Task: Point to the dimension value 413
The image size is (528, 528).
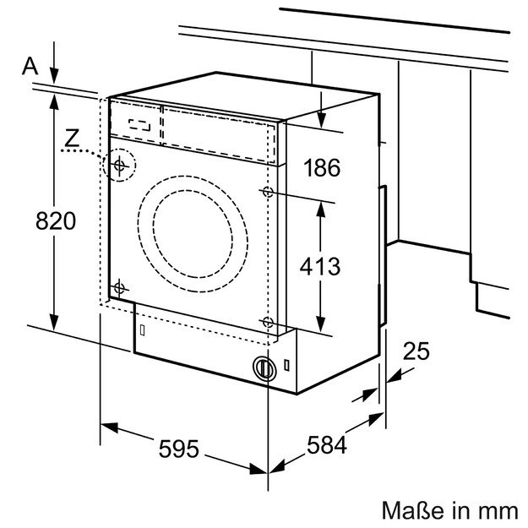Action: (x=320, y=265)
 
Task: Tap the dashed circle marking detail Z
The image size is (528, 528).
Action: (x=119, y=164)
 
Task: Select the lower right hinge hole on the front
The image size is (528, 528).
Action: (x=268, y=323)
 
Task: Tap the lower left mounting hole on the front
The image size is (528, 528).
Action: (x=119, y=285)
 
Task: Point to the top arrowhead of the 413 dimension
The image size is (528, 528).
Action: (x=321, y=206)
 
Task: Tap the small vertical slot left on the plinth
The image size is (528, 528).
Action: (x=142, y=327)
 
